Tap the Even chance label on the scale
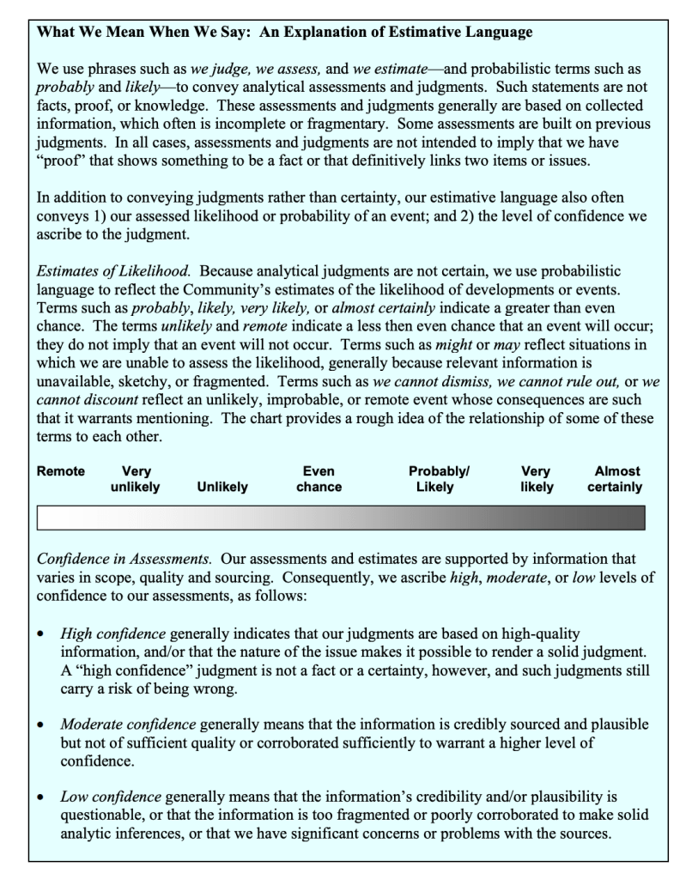[319, 479]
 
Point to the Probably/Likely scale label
[439, 479]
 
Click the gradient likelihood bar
[340, 517]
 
